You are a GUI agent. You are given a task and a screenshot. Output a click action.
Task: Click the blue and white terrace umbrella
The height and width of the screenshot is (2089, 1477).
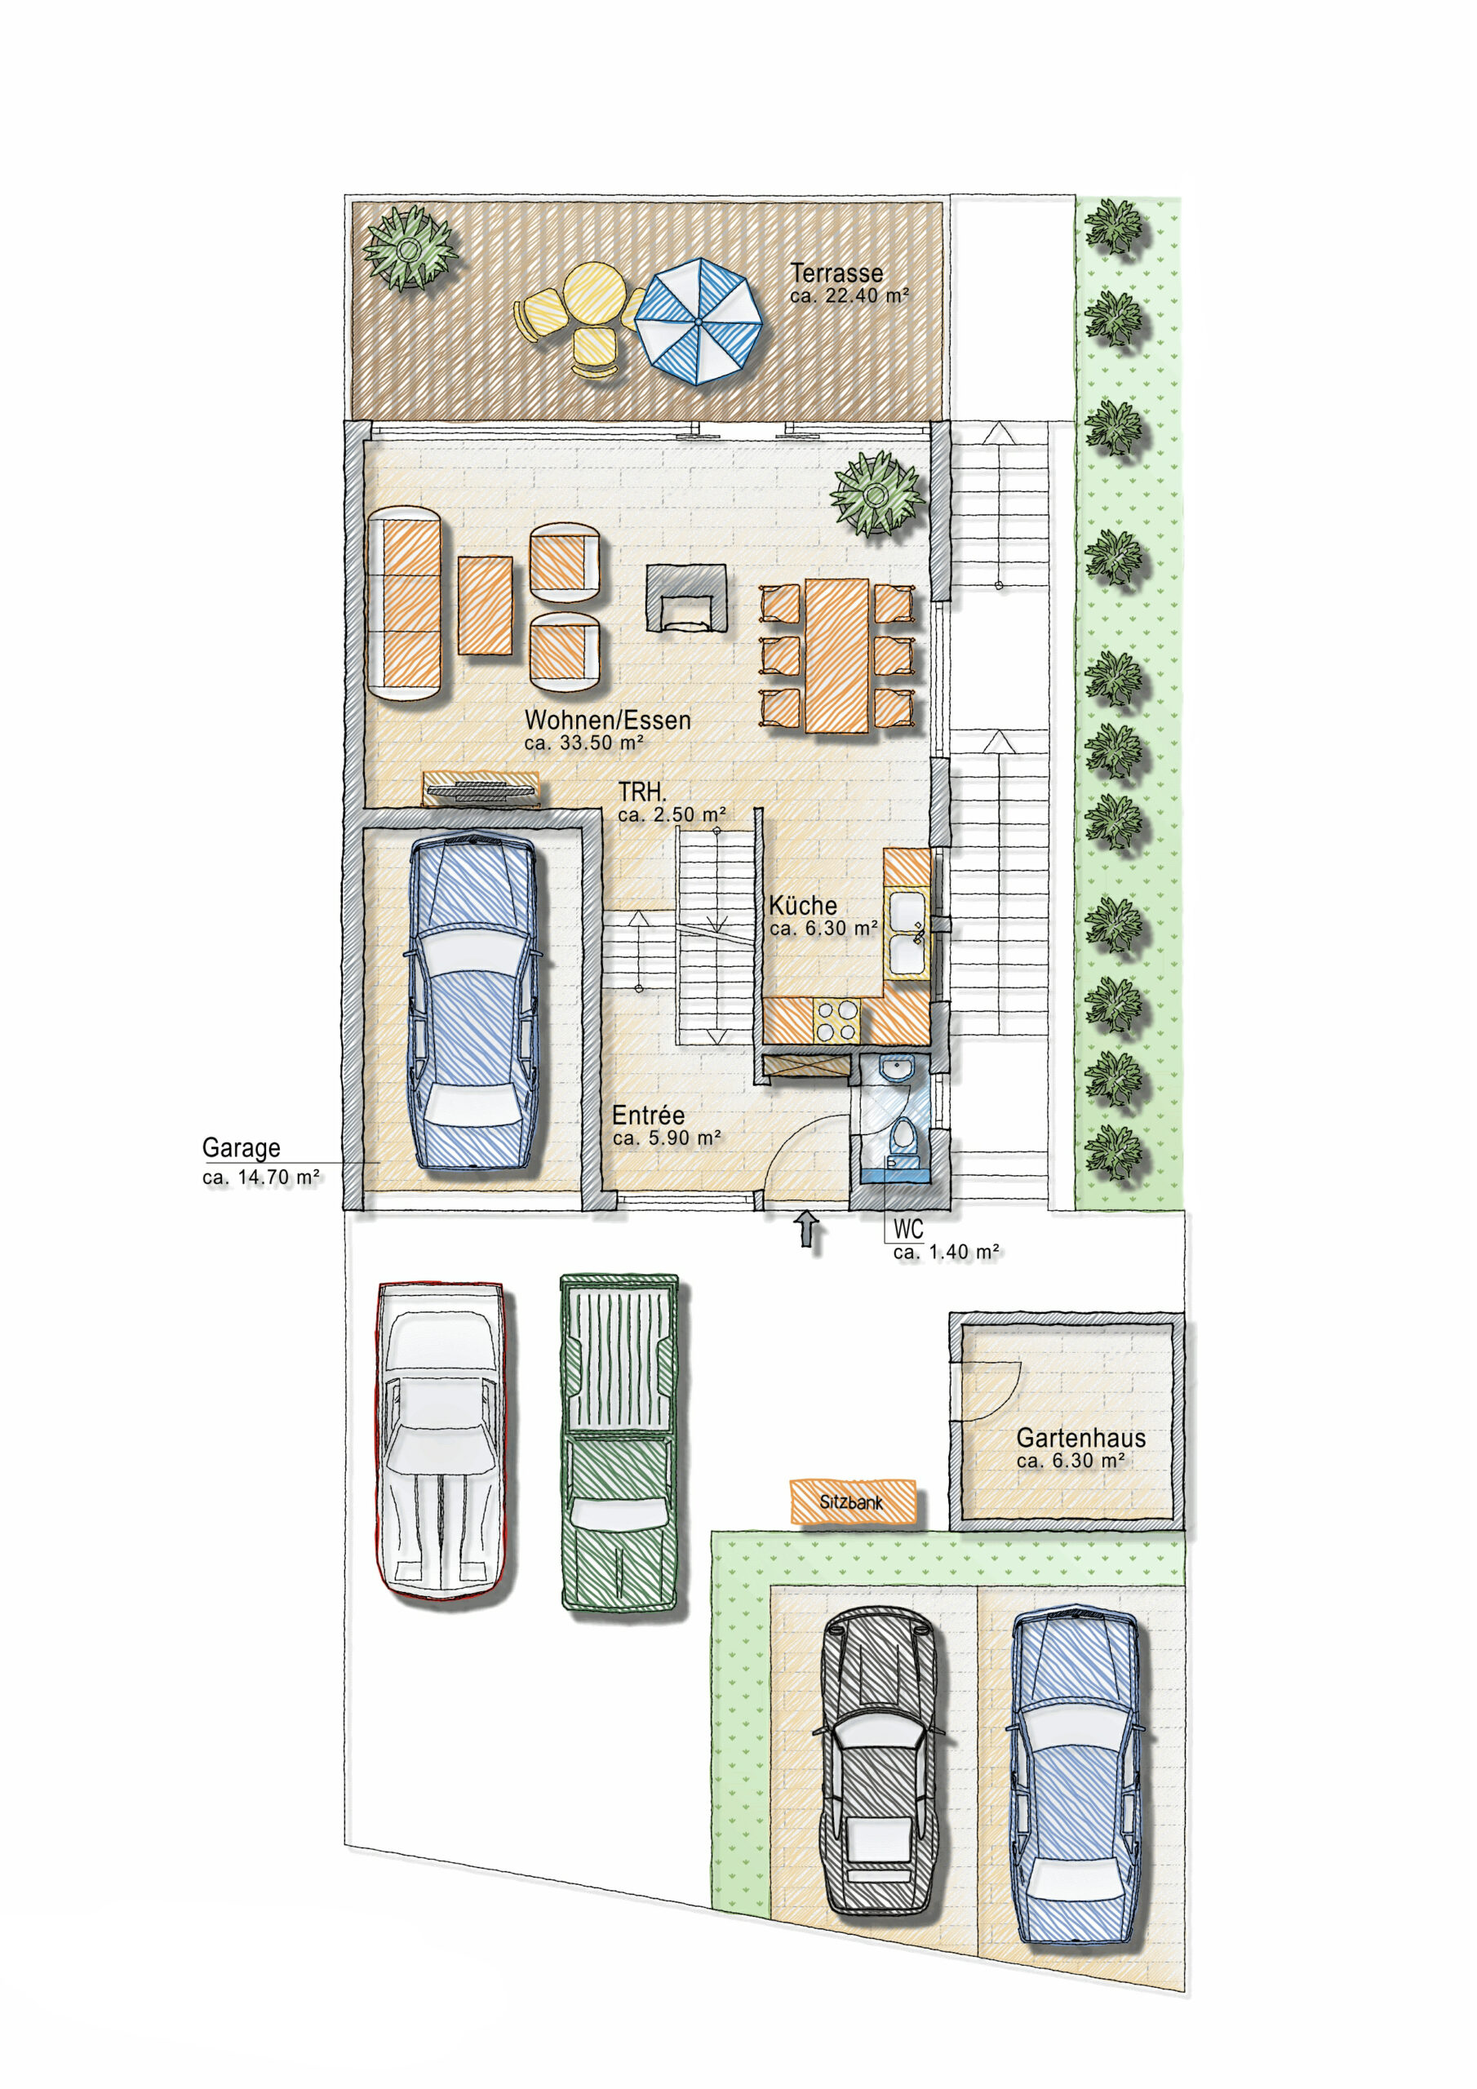(x=698, y=322)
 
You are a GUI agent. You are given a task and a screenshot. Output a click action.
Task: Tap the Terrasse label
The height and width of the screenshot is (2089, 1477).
(x=836, y=272)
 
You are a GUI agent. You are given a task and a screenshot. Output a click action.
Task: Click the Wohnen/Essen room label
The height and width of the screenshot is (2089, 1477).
(x=608, y=720)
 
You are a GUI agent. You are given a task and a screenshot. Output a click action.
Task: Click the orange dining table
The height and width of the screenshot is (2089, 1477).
(x=836, y=655)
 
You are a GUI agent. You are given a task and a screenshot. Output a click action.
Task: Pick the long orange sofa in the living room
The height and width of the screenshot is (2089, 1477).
(x=404, y=603)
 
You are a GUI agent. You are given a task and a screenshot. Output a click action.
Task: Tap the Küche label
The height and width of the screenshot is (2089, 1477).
(x=803, y=905)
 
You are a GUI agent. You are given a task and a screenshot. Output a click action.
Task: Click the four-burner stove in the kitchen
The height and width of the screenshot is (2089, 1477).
(x=837, y=1020)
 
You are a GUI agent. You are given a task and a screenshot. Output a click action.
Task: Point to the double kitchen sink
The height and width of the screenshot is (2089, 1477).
(x=907, y=934)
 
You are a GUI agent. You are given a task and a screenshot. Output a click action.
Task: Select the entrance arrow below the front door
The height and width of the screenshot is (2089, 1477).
(x=807, y=1230)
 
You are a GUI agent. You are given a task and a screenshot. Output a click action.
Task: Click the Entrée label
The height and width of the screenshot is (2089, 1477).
(x=648, y=1115)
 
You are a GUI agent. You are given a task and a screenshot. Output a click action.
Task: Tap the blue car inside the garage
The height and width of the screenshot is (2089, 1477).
(x=473, y=1003)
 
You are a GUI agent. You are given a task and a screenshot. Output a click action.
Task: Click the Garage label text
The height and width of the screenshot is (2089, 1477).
(x=242, y=1147)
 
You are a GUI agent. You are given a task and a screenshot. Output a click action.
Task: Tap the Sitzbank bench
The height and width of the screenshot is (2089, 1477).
(x=852, y=1501)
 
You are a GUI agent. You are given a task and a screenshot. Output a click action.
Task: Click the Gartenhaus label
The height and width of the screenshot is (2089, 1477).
(x=1081, y=1438)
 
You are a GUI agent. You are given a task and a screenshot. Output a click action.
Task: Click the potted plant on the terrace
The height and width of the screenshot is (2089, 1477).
(x=409, y=247)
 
